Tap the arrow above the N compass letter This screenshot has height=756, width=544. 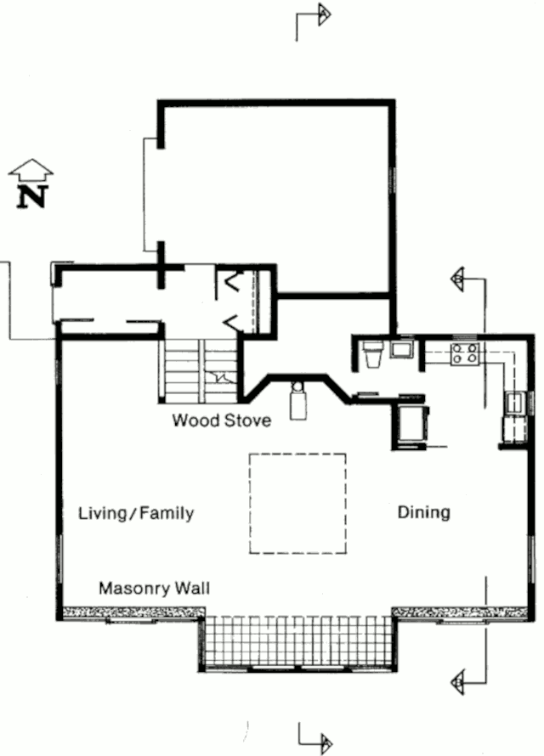31,170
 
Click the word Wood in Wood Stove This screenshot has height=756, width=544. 192,420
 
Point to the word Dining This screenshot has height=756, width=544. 424,512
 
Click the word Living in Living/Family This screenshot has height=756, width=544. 102,513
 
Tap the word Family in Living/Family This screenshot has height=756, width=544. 167,513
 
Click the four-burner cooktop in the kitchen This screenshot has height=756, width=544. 465,353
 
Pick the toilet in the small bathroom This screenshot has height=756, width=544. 373,353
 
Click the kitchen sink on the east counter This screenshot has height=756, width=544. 514,403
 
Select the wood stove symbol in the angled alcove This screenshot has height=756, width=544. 298,401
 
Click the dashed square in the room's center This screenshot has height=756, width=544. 297,454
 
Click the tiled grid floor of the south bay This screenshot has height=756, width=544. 297,640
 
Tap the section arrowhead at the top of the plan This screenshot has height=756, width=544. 324,14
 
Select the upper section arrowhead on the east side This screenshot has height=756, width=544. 457,279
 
